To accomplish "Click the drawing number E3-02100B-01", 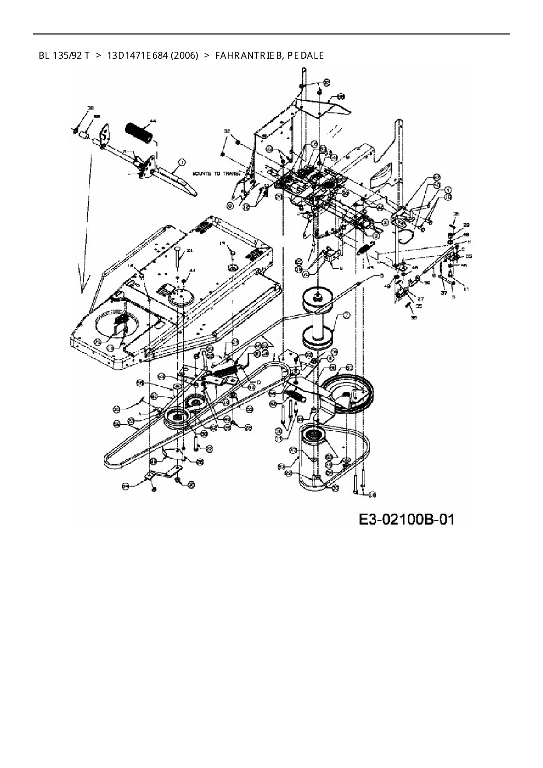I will coord(406,519).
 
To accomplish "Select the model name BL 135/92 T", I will coord(64,56).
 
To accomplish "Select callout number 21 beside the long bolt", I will coord(190,251).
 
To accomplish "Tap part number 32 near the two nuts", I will coord(227,131).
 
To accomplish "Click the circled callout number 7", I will coord(346,315).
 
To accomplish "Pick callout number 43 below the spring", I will coord(370,268).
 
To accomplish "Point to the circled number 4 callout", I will coord(448,190).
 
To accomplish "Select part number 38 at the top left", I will coord(91,108).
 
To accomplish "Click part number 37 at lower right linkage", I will coord(444,293).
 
